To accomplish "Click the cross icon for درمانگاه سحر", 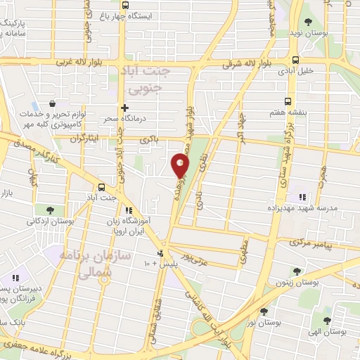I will (124, 108).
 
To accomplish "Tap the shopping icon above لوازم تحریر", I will (53, 103).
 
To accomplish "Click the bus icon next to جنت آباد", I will (103, 188).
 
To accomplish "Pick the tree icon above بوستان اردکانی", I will (49, 210).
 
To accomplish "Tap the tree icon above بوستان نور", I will (264, 310).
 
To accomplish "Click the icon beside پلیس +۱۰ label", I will (162, 253).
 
